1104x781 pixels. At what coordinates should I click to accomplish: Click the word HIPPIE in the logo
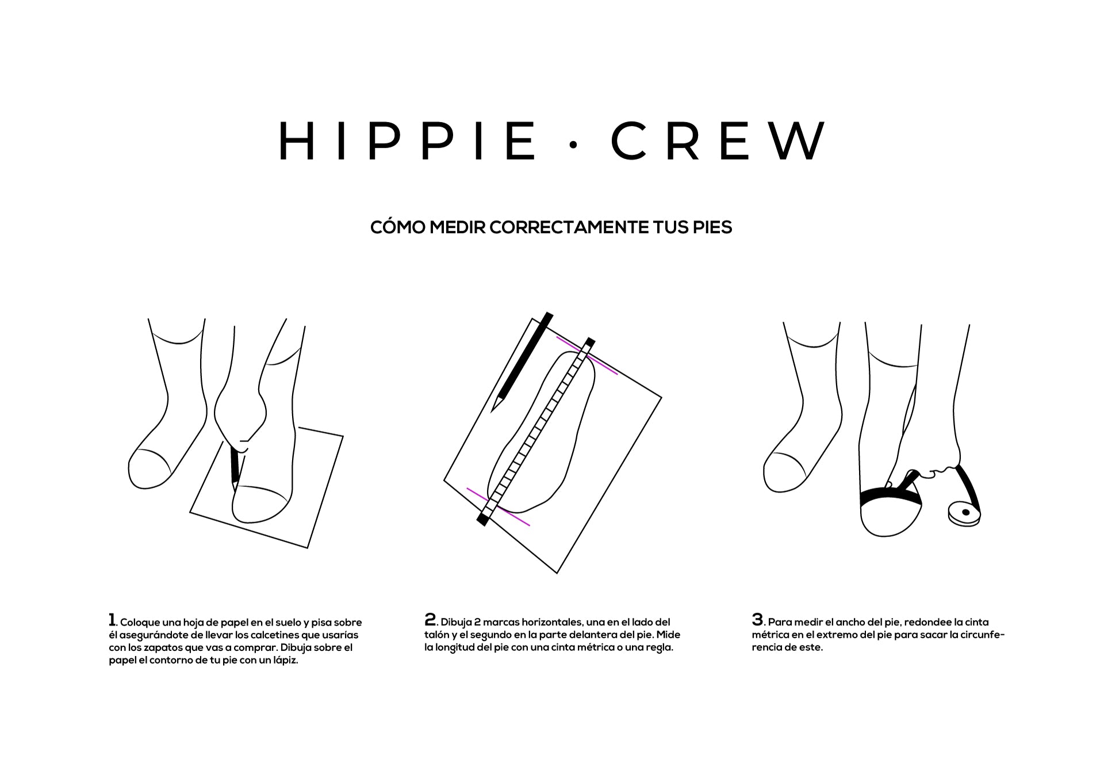pyautogui.click(x=408, y=140)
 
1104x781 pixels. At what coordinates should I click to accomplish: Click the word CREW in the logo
pyautogui.click(x=718, y=140)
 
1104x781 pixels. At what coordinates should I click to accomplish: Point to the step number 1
pyautogui.click(x=112, y=620)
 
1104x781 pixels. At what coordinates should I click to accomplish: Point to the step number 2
pyautogui.click(x=430, y=620)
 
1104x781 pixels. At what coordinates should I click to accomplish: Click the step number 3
pyautogui.click(x=757, y=620)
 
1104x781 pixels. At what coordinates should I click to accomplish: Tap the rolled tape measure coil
pyautogui.click(x=964, y=514)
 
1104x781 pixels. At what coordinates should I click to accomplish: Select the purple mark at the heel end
pyautogui.click(x=498, y=507)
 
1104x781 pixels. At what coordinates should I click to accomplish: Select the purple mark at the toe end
pyautogui.click(x=586, y=355)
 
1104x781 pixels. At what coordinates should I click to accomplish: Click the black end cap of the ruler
pyautogui.click(x=482, y=520)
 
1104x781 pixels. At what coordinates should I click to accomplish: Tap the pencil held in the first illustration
pyautogui.click(x=234, y=466)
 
